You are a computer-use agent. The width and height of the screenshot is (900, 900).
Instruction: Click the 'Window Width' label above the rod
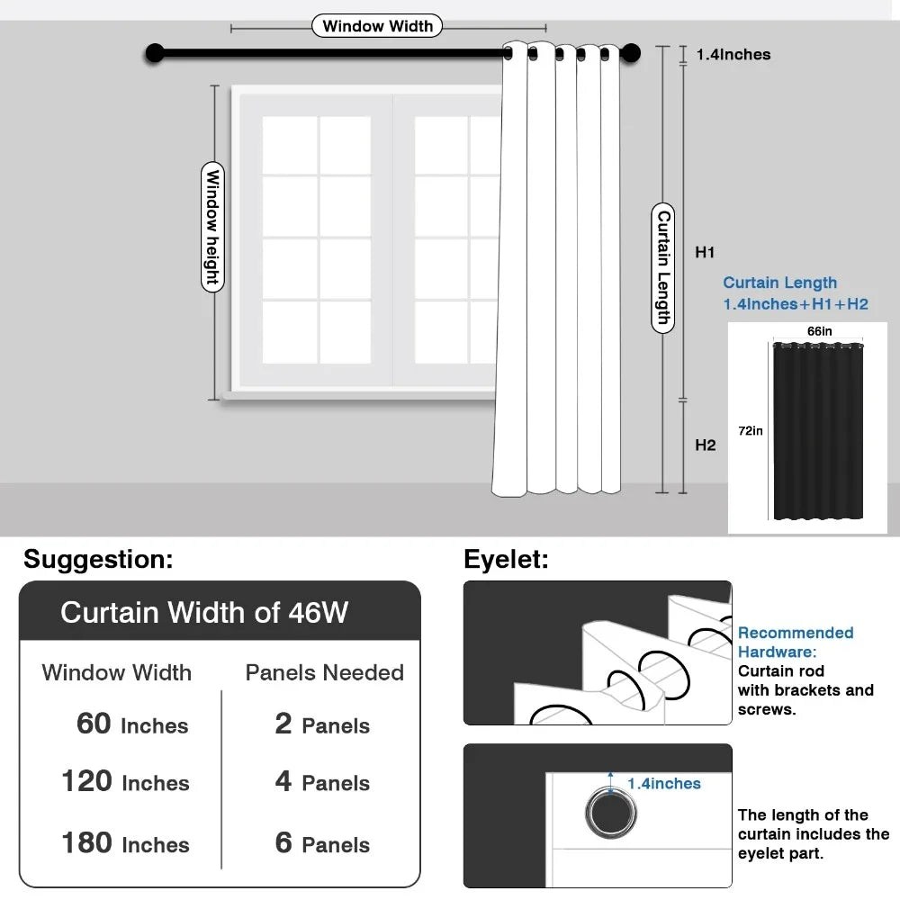click(x=377, y=26)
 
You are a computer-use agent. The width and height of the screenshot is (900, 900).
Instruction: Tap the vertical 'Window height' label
click(x=212, y=227)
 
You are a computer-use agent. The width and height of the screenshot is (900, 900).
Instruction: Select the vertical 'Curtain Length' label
click(x=663, y=267)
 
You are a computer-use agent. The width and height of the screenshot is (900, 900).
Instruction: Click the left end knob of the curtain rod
click(x=155, y=54)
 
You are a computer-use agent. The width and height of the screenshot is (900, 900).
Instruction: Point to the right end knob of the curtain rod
click(x=631, y=54)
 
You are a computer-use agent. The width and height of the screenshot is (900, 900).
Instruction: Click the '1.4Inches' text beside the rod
click(x=733, y=55)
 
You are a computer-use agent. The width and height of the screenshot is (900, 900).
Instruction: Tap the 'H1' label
click(x=705, y=253)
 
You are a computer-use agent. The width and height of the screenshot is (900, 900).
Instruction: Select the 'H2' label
click(x=705, y=445)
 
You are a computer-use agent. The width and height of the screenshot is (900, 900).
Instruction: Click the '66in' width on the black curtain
click(x=819, y=331)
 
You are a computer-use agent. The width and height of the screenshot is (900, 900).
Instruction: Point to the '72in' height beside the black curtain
click(x=751, y=431)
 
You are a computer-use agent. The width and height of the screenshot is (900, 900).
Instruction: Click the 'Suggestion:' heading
click(x=97, y=559)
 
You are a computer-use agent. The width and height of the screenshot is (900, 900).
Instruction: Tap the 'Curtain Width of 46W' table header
click(x=203, y=613)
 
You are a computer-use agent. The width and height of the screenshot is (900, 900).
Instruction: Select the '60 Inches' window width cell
click(x=132, y=724)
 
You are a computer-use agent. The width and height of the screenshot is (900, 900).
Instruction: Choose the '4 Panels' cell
click(x=322, y=782)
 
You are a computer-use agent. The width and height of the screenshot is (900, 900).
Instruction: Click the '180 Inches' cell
click(x=125, y=843)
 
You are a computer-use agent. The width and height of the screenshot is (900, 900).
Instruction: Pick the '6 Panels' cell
click(x=322, y=843)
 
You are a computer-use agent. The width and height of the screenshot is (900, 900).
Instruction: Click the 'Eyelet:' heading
click(x=506, y=559)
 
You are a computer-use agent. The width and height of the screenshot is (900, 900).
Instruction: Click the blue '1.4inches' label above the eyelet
click(x=663, y=784)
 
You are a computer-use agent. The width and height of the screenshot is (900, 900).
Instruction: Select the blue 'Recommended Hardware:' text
click(x=795, y=642)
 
